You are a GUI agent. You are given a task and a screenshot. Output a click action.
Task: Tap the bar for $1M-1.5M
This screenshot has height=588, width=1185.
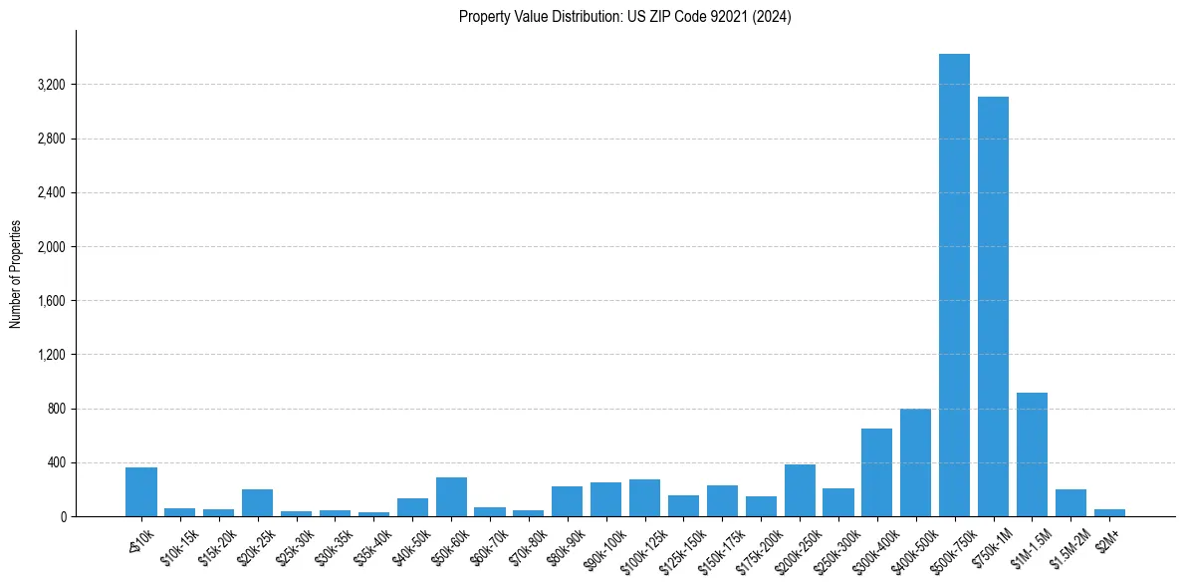(1032, 454)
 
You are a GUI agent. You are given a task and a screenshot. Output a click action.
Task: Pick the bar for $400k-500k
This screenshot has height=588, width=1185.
(915, 462)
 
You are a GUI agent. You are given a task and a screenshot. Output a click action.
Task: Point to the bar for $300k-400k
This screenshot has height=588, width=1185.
(876, 472)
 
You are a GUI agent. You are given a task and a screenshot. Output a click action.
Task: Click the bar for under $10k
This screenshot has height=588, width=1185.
(141, 491)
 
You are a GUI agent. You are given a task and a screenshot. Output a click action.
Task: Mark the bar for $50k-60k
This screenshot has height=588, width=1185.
(451, 496)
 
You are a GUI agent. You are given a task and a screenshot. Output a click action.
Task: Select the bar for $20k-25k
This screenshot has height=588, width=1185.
(257, 502)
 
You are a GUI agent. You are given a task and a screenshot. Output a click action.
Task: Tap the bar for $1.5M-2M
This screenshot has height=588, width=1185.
(1070, 502)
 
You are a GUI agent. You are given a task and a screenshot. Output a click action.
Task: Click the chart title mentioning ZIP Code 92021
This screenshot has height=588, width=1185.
(624, 17)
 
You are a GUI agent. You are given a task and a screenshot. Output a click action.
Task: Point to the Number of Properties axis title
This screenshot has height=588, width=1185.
(16, 273)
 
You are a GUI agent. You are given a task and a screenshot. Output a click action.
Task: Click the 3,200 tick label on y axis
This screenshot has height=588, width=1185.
(51, 85)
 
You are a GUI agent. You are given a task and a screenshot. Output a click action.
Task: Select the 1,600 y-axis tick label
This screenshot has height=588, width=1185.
(51, 301)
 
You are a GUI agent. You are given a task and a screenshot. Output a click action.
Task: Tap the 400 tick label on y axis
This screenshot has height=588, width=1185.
(56, 462)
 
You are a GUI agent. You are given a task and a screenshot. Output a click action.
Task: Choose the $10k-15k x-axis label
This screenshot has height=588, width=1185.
(178, 544)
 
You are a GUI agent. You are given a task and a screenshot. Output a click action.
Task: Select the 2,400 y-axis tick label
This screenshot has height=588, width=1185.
(51, 192)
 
